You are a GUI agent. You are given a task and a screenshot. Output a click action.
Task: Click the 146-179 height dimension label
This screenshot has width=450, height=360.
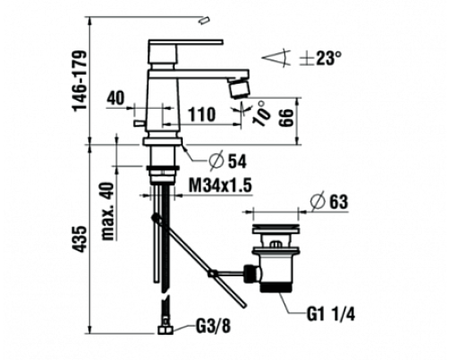pyautogui.click(x=80, y=81)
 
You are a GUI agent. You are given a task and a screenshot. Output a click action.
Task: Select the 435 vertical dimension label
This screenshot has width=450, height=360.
pyautogui.click(x=80, y=238)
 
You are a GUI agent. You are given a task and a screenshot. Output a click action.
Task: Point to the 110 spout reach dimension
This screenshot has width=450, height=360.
pyautogui.click(x=202, y=114)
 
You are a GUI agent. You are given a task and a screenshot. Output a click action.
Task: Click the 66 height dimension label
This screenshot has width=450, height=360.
pyautogui.click(x=287, y=118)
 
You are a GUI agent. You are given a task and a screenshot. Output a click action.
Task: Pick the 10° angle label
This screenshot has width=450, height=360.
pyautogui.click(x=261, y=113)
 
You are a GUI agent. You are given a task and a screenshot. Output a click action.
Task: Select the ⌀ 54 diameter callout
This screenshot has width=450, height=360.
pyautogui.click(x=228, y=162)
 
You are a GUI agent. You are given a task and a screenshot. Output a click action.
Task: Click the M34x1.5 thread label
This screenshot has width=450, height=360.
pyautogui.click(x=220, y=185)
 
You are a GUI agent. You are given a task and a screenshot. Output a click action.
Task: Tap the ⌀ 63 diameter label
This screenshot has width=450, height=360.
pyautogui.click(x=329, y=202)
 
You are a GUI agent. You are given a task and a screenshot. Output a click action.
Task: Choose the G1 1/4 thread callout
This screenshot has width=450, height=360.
pyautogui.click(x=330, y=315)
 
